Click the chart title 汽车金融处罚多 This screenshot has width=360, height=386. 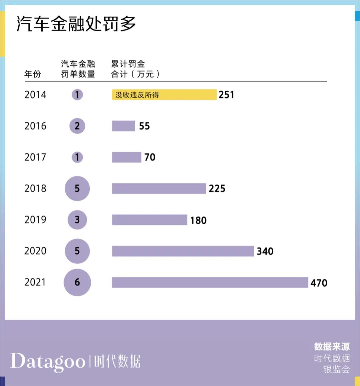click(x=76, y=24)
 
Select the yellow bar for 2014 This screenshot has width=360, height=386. click(x=164, y=95)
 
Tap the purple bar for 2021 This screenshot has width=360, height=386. click(x=210, y=282)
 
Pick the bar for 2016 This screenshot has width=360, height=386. click(x=123, y=126)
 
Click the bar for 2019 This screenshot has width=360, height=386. click(x=149, y=220)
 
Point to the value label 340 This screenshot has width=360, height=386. click(x=265, y=251)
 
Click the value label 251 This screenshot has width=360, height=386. click(x=226, y=95)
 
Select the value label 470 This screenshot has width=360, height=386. click(x=319, y=283)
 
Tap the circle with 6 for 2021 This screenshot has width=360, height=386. click(x=77, y=282)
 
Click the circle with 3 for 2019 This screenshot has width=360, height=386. click(x=77, y=220)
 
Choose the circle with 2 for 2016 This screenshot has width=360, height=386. click(x=77, y=126)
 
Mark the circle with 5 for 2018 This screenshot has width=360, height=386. click(x=77, y=188)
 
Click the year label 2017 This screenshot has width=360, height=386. click(x=35, y=157)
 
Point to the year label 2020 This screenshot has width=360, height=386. click(x=35, y=251)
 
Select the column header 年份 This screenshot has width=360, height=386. click(x=33, y=74)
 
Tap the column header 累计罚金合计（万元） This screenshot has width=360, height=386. click(x=135, y=69)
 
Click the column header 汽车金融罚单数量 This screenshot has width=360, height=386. click(x=78, y=69)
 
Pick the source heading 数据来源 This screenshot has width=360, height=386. click(x=332, y=347)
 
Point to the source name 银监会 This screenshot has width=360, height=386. click(x=336, y=369)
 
